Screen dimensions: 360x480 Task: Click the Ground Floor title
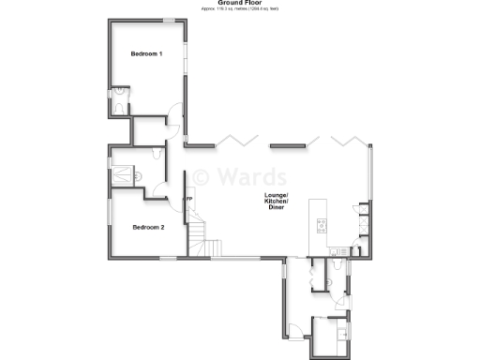[239, 3]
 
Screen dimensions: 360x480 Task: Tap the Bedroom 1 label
[147, 53]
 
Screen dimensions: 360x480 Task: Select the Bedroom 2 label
[148, 228]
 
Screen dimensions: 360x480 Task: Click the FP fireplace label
[188, 199]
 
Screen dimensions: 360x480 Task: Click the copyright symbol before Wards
[201, 176]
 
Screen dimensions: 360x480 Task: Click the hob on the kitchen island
[322, 225]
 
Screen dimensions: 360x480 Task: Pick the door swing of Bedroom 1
[173, 120]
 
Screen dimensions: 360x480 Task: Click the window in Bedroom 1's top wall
[169, 20]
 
